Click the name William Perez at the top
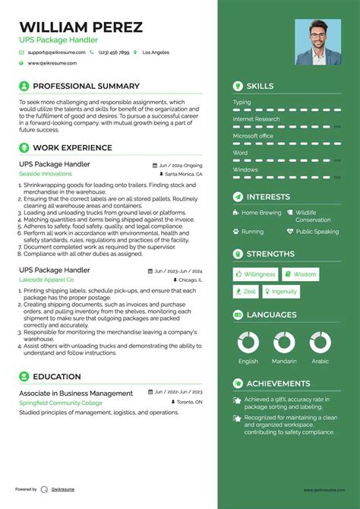(81, 27)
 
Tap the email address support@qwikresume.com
(55, 52)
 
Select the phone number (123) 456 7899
(113, 52)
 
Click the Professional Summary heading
(86, 87)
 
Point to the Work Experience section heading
(72, 148)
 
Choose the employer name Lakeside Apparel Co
(52, 280)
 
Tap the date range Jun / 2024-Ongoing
(181, 165)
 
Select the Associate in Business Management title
(75, 393)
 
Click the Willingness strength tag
(255, 274)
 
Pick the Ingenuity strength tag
(280, 292)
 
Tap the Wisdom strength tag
(301, 274)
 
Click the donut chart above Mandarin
(284, 341)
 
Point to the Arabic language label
(320, 362)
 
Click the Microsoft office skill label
(253, 135)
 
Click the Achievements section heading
(278, 384)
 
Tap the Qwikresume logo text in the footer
(65, 489)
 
